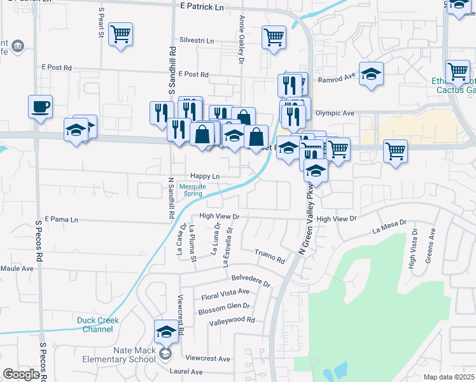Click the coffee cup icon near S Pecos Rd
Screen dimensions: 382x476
[40, 106]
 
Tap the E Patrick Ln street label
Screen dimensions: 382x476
[202, 7]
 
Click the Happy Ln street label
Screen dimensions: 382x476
[205, 176]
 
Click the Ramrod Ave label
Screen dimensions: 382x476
[336, 79]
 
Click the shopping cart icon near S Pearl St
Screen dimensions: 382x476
[120, 34]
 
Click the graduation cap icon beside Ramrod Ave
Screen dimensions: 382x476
[371, 74]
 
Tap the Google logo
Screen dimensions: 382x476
[21, 374]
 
